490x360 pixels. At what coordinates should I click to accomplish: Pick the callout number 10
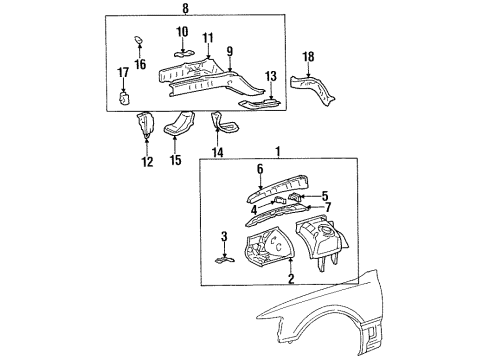click(x=182, y=32)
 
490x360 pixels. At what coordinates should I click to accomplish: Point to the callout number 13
click(x=269, y=76)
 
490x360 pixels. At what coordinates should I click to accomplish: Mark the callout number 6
click(x=260, y=170)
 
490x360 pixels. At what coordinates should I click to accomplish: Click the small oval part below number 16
click(x=139, y=41)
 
